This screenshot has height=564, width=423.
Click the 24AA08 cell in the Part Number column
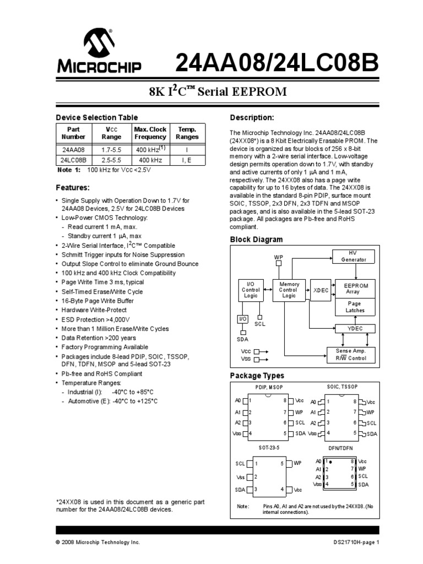point(73,150)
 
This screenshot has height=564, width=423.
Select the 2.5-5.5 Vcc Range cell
point(112,160)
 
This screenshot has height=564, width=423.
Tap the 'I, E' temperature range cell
point(187,160)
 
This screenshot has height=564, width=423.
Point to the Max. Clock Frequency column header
point(150,133)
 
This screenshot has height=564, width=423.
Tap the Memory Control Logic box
point(289,290)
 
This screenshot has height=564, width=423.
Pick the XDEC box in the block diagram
point(320,290)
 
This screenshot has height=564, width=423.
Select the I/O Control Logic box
point(251,290)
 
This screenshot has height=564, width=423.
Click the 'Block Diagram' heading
point(256,240)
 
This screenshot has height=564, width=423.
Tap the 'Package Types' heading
point(257,376)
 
